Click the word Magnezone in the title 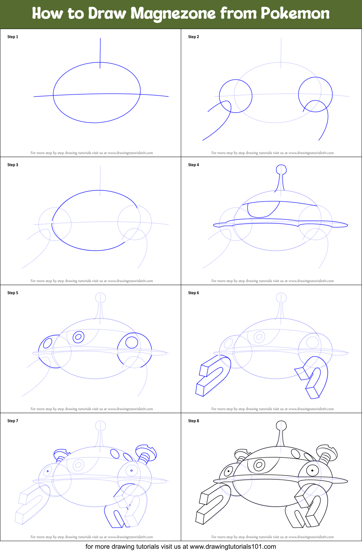click(x=173, y=13)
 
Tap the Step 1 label click(x=13, y=37)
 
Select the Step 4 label click(x=193, y=165)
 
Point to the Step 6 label click(x=193, y=293)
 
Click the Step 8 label click(x=193, y=421)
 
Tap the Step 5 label click(x=13, y=293)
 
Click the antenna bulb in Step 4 click(x=281, y=169)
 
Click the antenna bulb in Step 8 click(x=281, y=425)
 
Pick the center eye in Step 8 click(x=259, y=465)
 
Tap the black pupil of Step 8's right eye click(x=312, y=470)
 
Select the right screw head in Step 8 click(x=327, y=452)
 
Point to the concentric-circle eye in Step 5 click(x=79, y=337)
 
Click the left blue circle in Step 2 click(x=236, y=96)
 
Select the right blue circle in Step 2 click(x=316, y=94)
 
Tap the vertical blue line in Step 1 click(x=100, y=53)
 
